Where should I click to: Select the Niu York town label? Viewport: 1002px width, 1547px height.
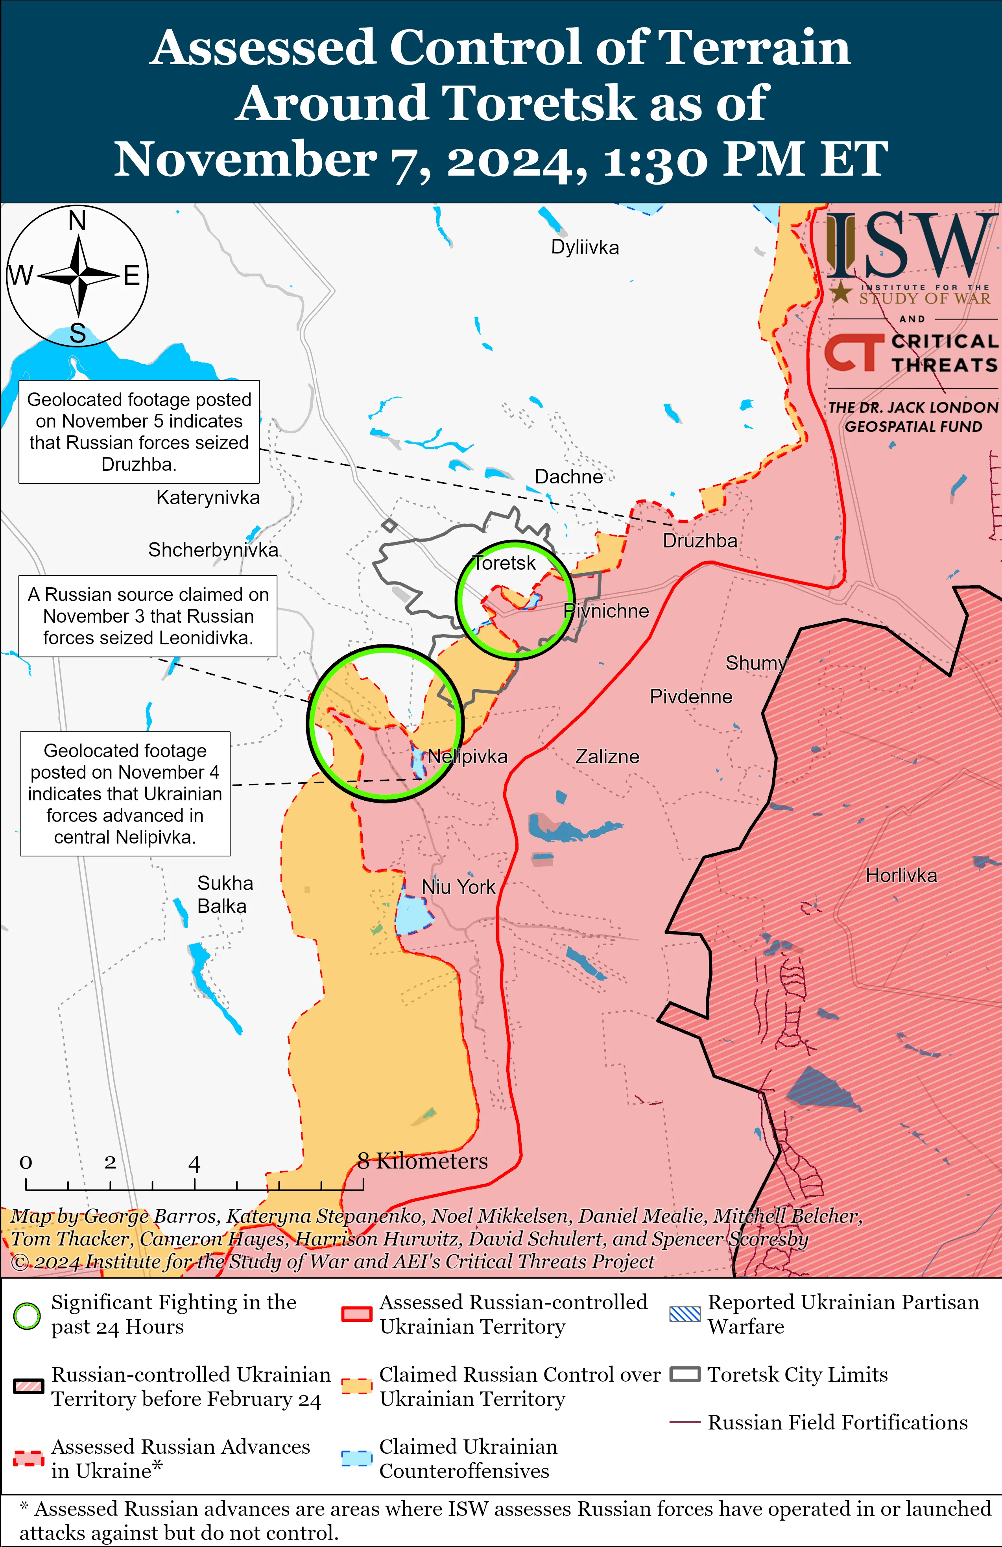click(458, 886)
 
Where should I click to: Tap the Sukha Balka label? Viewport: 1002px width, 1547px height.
click(224, 894)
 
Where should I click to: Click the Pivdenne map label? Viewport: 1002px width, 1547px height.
click(691, 697)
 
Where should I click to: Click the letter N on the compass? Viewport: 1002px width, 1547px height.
click(78, 221)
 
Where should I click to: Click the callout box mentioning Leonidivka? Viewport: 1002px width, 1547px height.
click(148, 616)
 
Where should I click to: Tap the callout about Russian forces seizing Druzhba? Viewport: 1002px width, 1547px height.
click(139, 431)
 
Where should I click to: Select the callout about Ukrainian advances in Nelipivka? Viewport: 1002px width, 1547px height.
click(125, 793)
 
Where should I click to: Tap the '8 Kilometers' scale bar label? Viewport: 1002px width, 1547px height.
click(423, 1161)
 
